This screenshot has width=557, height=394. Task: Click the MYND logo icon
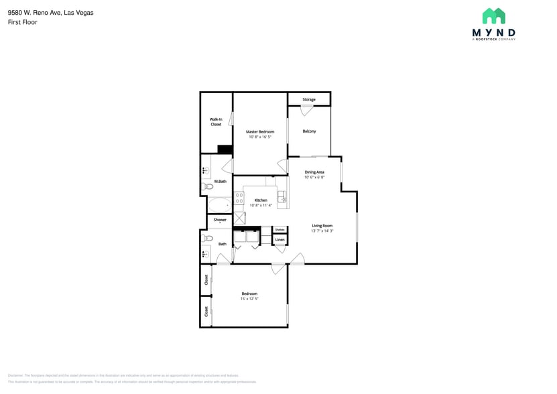493,16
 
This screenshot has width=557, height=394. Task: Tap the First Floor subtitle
22,22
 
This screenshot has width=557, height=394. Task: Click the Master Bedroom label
259,132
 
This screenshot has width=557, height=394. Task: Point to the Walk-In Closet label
216,122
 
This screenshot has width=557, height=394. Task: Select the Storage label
308,99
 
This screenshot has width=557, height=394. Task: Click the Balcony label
309,131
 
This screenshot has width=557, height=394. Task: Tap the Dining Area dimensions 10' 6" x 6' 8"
314,178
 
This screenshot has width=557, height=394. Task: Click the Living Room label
322,226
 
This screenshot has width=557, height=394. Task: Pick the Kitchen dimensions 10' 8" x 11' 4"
261,206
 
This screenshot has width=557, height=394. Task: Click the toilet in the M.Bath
208,186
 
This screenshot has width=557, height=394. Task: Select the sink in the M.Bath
206,171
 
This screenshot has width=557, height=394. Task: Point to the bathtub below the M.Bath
218,204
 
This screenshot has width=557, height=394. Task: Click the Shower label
220,220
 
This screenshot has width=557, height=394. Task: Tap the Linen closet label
280,240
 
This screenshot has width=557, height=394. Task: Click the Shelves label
280,229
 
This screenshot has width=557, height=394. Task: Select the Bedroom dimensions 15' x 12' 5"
249,299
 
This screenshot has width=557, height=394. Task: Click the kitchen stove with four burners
239,198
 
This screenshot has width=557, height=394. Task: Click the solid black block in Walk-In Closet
225,150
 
